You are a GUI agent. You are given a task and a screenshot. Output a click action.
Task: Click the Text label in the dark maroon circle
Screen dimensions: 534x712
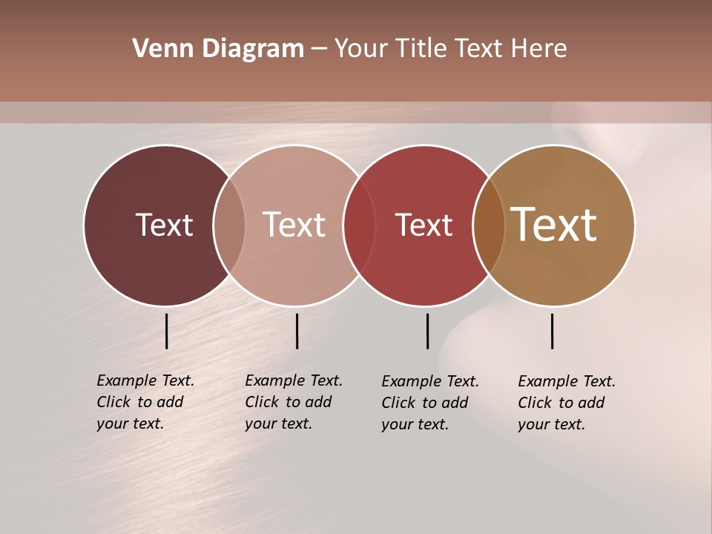coord(164,225)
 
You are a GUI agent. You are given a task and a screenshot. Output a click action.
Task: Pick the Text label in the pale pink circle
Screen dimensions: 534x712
coord(294,225)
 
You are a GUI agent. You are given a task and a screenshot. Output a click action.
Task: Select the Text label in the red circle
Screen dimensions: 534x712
coord(423,225)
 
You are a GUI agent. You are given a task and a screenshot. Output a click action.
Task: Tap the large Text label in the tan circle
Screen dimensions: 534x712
coord(554,225)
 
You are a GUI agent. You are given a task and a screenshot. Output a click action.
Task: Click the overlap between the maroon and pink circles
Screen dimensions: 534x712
coord(229,225)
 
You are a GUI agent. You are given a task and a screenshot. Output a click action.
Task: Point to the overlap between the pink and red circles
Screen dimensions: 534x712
coord(359,225)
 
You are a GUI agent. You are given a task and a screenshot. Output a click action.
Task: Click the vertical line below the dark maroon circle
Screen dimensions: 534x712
coord(167,331)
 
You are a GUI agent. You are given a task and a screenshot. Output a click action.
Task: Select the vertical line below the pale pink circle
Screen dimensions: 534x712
coord(297,331)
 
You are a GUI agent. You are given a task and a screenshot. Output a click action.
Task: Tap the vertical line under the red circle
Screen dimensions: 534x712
coord(427,331)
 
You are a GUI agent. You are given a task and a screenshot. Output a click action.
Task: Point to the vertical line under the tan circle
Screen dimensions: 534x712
coord(552,331)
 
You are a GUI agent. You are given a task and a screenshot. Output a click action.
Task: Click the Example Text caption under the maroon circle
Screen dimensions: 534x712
coord(145,402)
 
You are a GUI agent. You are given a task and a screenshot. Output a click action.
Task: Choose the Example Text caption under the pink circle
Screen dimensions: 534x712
coord(294,402)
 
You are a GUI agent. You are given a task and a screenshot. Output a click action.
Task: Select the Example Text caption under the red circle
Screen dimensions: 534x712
coord(430,403)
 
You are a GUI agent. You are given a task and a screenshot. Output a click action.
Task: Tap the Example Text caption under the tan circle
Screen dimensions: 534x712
coord(567,403)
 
